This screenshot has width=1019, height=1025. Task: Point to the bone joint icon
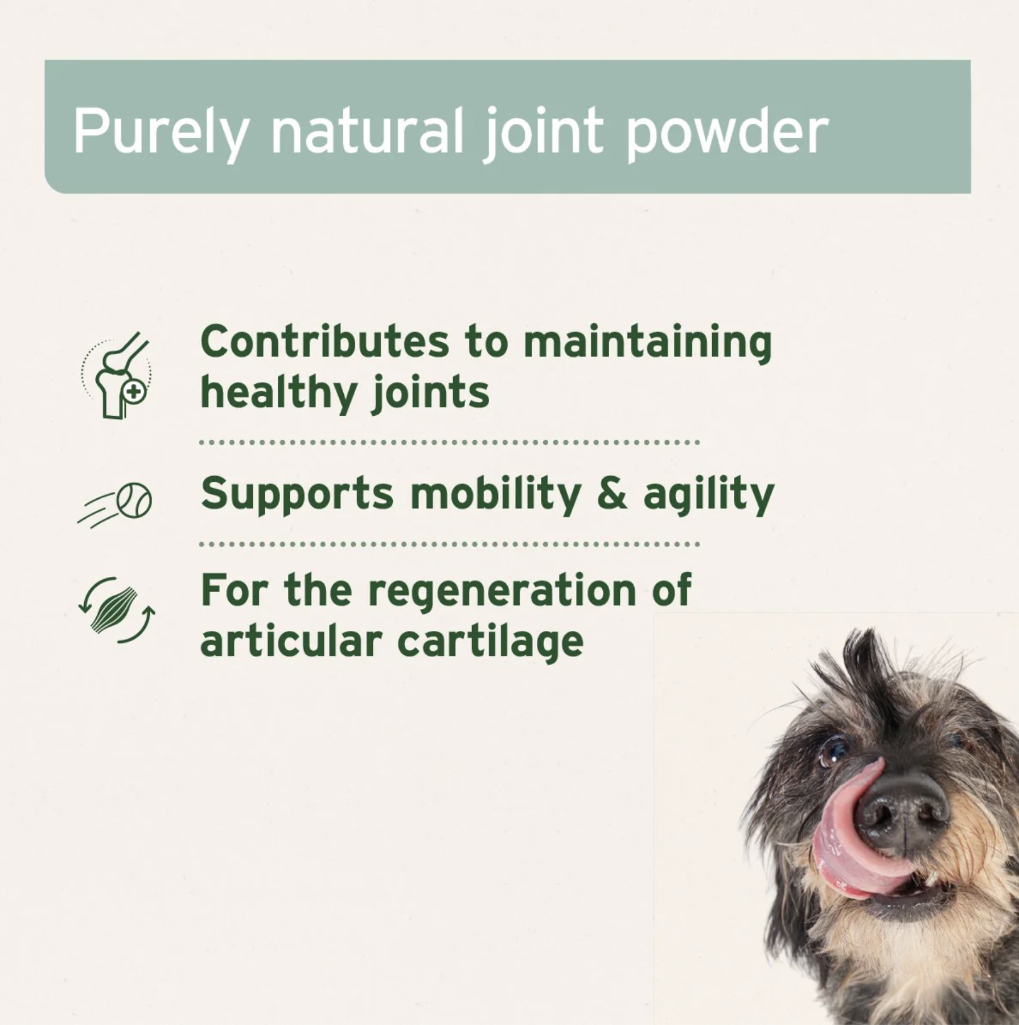[117, 376]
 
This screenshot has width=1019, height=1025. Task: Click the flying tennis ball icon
[116, 504]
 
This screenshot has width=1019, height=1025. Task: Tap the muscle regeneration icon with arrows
[117, 609]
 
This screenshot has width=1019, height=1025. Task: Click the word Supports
[297, 494]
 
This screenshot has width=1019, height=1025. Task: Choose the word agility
[709, 494]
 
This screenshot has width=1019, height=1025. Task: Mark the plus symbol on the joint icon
[134, 392]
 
